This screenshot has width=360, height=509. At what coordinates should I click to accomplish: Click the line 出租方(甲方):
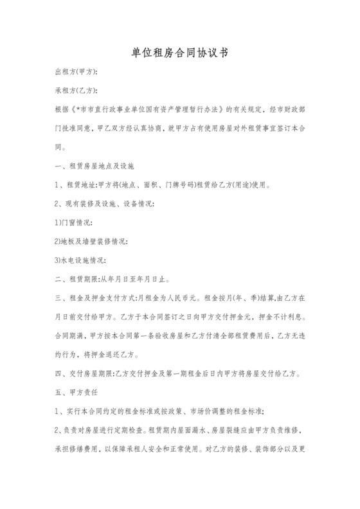coord(76,72)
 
